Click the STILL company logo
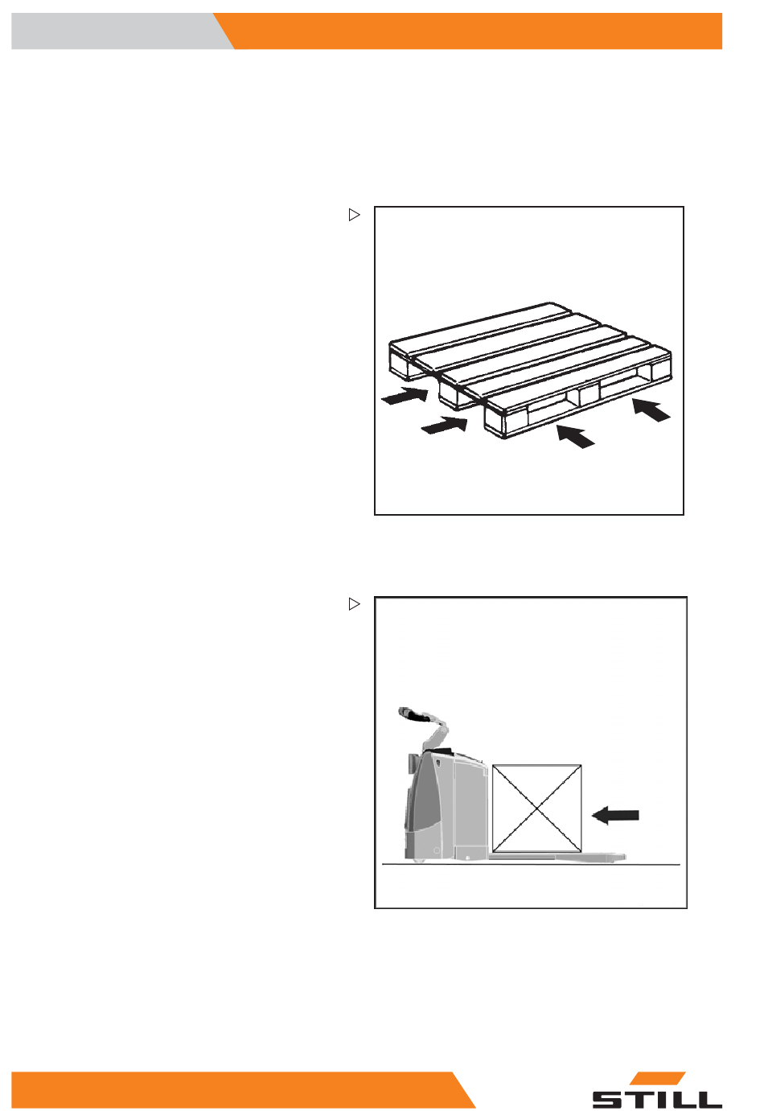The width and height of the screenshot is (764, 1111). [657, 1089]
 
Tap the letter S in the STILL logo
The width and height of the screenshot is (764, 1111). [609, 1099]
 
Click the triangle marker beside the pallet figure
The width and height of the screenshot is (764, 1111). [354, 215]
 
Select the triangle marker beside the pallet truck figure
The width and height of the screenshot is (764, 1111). [354, 604]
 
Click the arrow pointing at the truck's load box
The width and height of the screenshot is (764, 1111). [615, 815]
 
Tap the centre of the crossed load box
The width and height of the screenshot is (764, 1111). [536, 809]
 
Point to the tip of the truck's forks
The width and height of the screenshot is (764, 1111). [624, 857]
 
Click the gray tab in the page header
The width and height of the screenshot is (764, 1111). [119, 31]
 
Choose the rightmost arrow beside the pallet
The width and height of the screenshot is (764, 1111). [651, 409]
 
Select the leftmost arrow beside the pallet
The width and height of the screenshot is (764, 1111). [405, 395]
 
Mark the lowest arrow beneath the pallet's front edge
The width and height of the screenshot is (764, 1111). [575, 437]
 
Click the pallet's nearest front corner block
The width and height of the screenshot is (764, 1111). [495, 422]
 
